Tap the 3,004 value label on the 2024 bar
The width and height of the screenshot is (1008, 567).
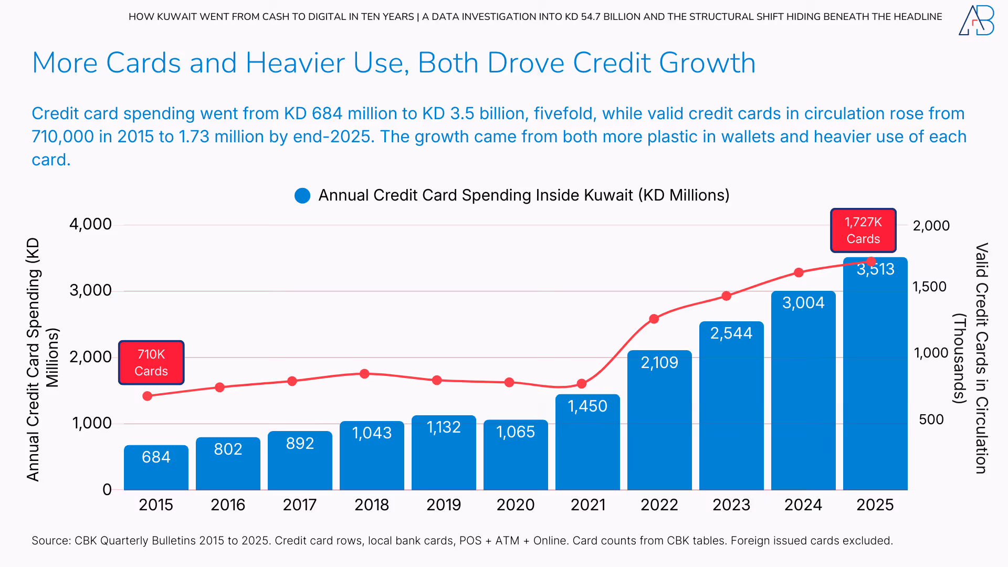[803, 303]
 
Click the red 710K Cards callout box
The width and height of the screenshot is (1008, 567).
[151, 363]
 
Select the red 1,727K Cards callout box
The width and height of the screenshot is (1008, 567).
[863, 230]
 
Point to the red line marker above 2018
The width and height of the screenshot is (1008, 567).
[364, 374]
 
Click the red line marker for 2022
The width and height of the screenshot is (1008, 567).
[654, 319]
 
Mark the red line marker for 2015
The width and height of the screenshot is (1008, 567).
[148, 396]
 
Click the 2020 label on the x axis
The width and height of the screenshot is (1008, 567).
[516, 505]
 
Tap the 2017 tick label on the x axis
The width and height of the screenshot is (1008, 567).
[300, 505]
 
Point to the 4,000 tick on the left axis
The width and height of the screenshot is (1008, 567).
[90, 224]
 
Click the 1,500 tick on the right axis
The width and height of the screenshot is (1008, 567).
[929, 287]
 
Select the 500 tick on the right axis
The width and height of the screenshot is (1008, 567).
[931, 419]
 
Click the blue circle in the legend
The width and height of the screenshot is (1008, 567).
[302, 196]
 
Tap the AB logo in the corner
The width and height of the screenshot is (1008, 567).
[976, 21]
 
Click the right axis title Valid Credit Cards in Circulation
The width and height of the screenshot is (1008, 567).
[981, 358]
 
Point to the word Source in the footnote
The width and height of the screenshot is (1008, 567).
[50, 541]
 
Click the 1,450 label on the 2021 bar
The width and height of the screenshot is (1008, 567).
[587, 406]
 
